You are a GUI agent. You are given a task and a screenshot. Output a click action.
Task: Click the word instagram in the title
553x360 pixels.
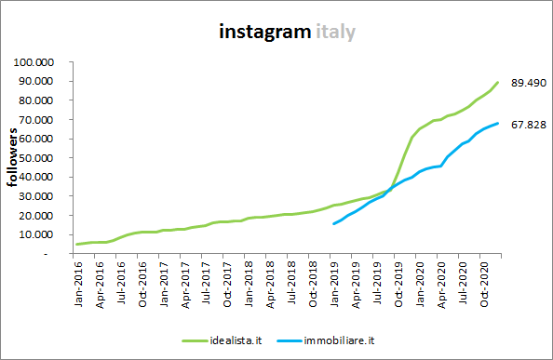(x=263, y=32)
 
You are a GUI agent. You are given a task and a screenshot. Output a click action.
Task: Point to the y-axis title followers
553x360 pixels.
(x=14, y=158)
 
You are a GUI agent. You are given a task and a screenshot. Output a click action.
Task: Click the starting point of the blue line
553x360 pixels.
(x=334, y=223)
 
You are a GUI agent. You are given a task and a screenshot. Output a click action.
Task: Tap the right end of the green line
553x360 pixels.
(x=499, y=82)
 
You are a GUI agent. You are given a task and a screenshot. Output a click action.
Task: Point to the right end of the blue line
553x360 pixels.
(x=499, y=123)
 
